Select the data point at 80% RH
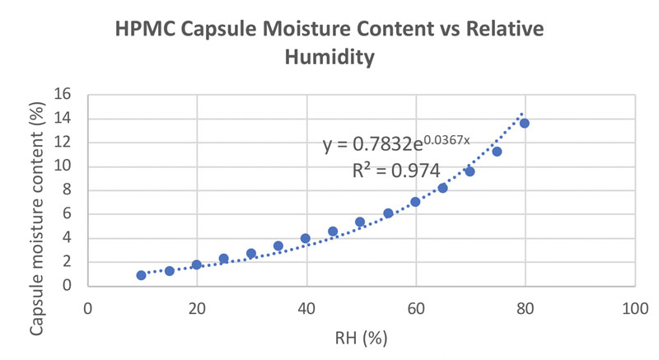[524, 123]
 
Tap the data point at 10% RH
[142, 275]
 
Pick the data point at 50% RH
[360, 222]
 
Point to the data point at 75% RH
[497, 151]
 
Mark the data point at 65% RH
[442, 188]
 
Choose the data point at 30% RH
[251, 254]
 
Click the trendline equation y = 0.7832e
[396, 146]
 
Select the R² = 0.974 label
[395, 171]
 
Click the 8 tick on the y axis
[74, 189]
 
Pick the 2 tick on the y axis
[74, 262]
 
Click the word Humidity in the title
[329, 58]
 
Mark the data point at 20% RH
[197, 264]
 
